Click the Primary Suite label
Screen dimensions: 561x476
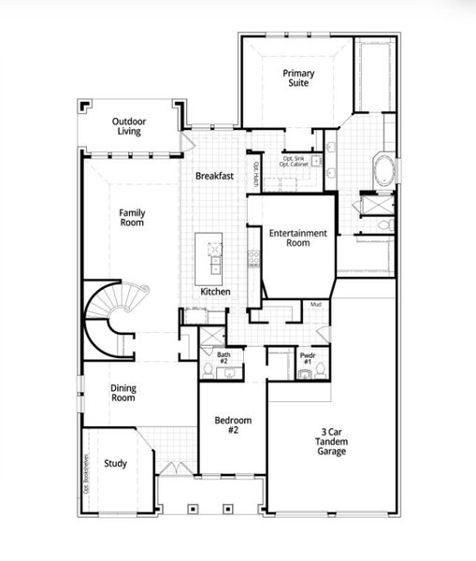point(298,78)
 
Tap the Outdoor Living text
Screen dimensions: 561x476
point(129,126)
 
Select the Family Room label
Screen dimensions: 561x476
point(132,218)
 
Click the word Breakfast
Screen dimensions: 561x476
point(214,176)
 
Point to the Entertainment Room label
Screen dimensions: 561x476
point(298,237)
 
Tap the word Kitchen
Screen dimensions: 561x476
point(215,292)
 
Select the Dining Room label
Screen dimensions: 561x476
point(123,392)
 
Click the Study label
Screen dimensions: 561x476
point(116,462)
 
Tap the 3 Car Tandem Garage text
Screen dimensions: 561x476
point(330,442)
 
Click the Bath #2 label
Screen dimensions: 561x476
point(224,358)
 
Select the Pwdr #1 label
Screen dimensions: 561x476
point(307,358)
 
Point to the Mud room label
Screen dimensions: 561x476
point(316,305)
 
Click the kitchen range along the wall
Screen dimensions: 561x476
point(252,256)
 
